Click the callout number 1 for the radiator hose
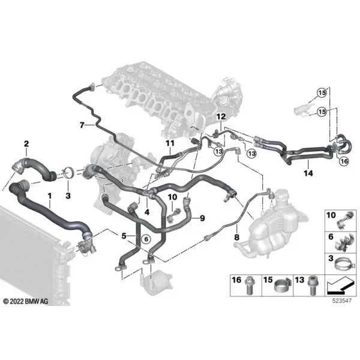tap(50, 196)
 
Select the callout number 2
tap(26, 144)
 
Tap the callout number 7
tap(82, 125)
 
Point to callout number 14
tap(308, 173)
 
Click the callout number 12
tap(221, 116)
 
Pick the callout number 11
tap(170, 143)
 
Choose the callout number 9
tap(202, 218)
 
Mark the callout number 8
tap(237, 237)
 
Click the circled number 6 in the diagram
tap(146, 239)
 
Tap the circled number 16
tap(344, 161)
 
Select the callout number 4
tap(147, 212)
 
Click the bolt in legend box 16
tap(250, 286)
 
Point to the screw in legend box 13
tap(313, 286)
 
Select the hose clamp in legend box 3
tap(343, 265)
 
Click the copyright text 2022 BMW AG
tap(26, 301)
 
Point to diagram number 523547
tap(342, 301)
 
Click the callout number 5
tap(124, 236)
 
